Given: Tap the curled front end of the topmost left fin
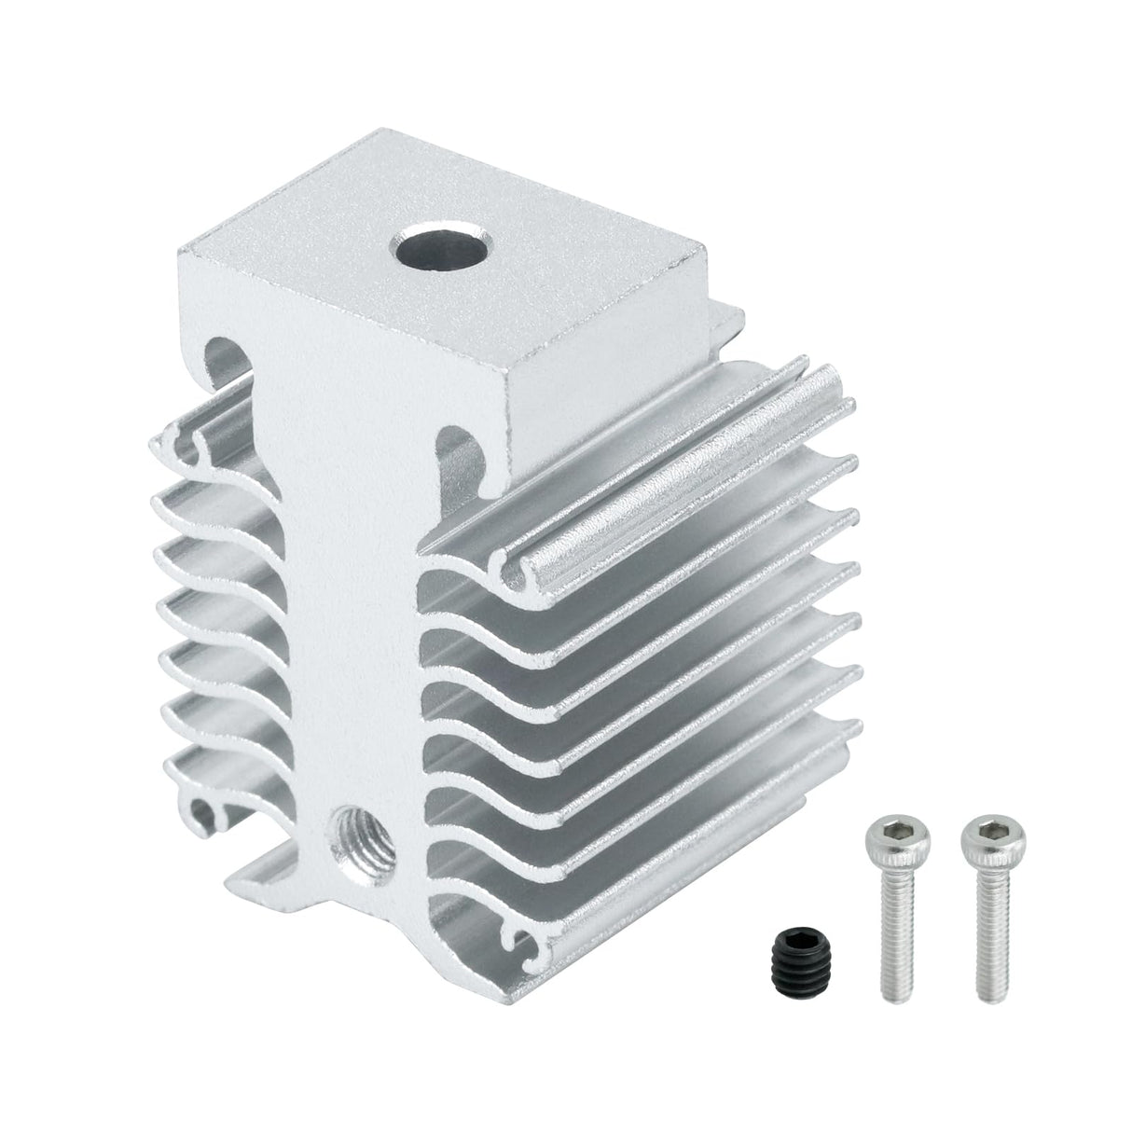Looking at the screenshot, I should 186,442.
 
